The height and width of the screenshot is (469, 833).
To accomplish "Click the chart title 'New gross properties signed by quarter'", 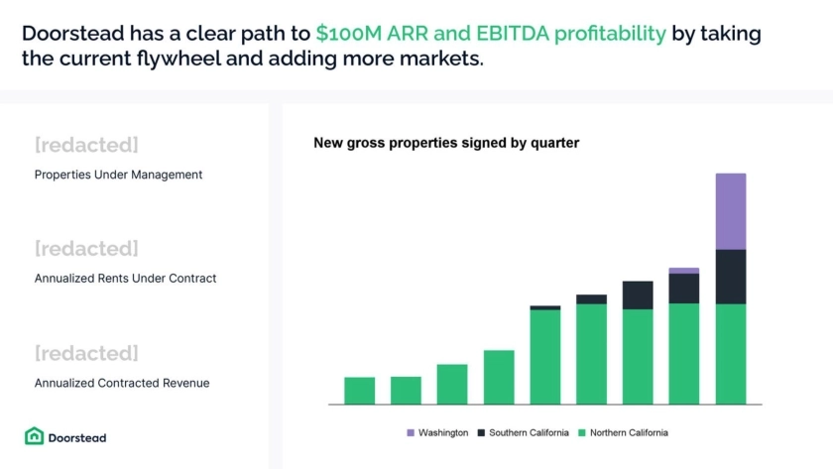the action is (446, 143).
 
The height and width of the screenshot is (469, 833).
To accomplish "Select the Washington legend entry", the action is (437, 433).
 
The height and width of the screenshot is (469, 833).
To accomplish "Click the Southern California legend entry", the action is (524, 433).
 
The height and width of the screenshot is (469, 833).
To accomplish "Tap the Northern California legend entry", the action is (623, 433).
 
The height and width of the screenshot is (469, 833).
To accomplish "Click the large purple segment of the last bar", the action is (731, 211).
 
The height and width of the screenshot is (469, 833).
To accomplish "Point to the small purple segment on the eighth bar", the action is (683, 271).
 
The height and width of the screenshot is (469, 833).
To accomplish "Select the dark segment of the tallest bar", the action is (731, 277).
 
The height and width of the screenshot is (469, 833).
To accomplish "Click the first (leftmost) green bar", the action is (360, 391).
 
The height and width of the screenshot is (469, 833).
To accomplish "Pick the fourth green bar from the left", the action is (499, 378).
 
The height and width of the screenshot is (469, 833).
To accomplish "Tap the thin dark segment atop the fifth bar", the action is (545, 307).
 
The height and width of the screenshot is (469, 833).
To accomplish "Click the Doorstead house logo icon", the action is (34, 436).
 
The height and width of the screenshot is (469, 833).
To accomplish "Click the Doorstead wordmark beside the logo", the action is (77, 437).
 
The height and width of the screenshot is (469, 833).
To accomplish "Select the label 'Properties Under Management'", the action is (118, 175).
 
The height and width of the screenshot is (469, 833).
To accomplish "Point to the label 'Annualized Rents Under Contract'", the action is (125, 279).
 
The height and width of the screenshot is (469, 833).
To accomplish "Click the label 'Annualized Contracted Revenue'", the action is (122, 383).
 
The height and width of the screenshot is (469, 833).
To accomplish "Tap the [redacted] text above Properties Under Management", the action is (86, 145).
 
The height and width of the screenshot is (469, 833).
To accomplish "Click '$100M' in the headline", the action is (348, 34).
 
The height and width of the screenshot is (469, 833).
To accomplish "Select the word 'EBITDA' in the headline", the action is (512, 34).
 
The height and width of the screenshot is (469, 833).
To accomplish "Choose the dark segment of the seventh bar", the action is (638, 295).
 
